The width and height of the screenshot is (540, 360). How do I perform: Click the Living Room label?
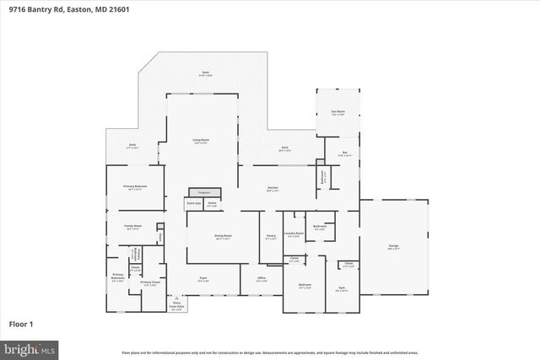click(201, 140)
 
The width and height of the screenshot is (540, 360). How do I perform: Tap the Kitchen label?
click(273, 188)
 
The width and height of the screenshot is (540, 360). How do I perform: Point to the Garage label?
click(393, 246)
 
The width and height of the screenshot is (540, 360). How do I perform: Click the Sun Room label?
click(337, 112)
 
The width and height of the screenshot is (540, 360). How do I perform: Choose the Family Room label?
click(132, 226)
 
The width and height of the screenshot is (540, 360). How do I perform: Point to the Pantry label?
click(270, 236)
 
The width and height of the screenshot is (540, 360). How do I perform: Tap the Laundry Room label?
click(294, 234)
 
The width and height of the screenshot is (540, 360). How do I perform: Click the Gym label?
click(343, 287)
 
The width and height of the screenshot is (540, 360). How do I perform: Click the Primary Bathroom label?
click(118, 276)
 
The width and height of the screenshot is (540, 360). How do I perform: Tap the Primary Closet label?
click(148, 282)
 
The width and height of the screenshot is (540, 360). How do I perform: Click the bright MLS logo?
click(29, 347)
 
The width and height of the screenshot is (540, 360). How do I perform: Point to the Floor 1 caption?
click(20, 324)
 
